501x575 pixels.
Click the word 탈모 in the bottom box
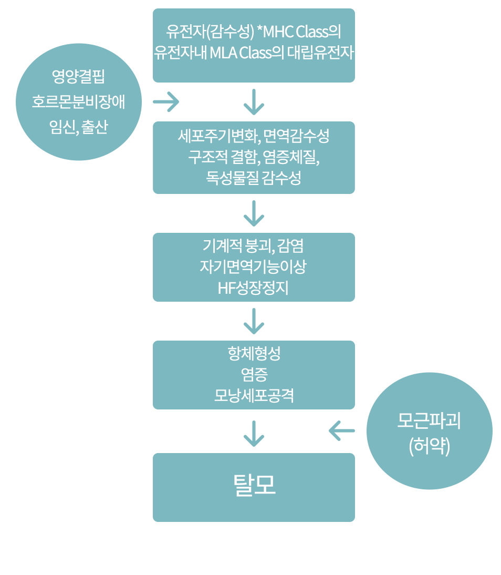(x=254, y=486)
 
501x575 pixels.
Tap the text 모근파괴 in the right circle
(x=429, y=422)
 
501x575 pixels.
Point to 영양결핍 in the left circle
(x=78, y=77)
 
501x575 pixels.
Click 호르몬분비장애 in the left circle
(x=78, y=102)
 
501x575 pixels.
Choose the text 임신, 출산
(x=78, y=127)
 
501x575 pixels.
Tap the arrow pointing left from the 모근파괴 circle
(x=342, y=431)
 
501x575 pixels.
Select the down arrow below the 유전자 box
(x=254, y=102)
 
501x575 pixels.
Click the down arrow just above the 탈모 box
(x=254, y=433)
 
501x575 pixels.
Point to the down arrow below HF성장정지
(x=254, y=321)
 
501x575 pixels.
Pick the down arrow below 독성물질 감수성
(x=254, y=213)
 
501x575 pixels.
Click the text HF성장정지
(x=253, y=288)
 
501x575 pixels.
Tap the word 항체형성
(x=254, y=353)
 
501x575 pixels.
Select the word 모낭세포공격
(x=254, y=395)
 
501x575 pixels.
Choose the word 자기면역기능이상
(x=253, y=267)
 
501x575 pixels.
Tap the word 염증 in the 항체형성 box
(x=254, y=374)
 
